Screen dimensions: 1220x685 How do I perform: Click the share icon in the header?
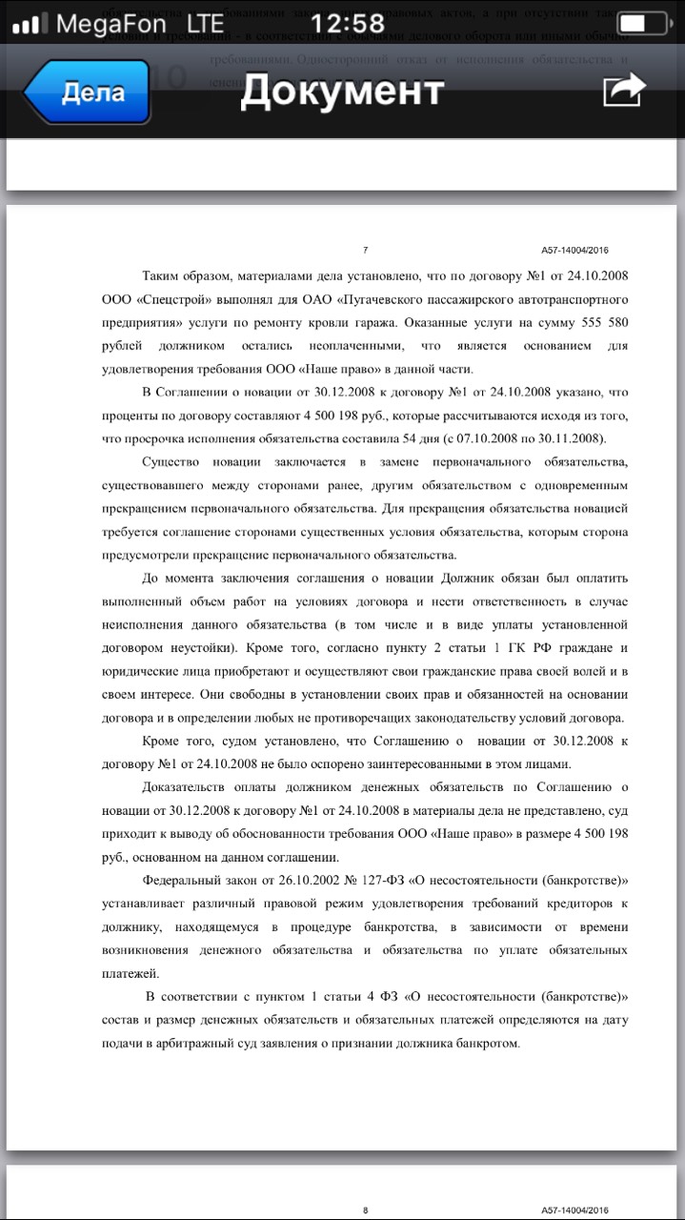624,91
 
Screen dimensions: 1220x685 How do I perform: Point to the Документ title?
342,91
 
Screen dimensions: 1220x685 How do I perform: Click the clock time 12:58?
348,23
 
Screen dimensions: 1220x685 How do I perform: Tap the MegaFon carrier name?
111,24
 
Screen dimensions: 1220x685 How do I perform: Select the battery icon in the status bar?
642,24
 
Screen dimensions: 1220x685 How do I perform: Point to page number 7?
366,251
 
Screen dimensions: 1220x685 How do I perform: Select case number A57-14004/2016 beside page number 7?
574,251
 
